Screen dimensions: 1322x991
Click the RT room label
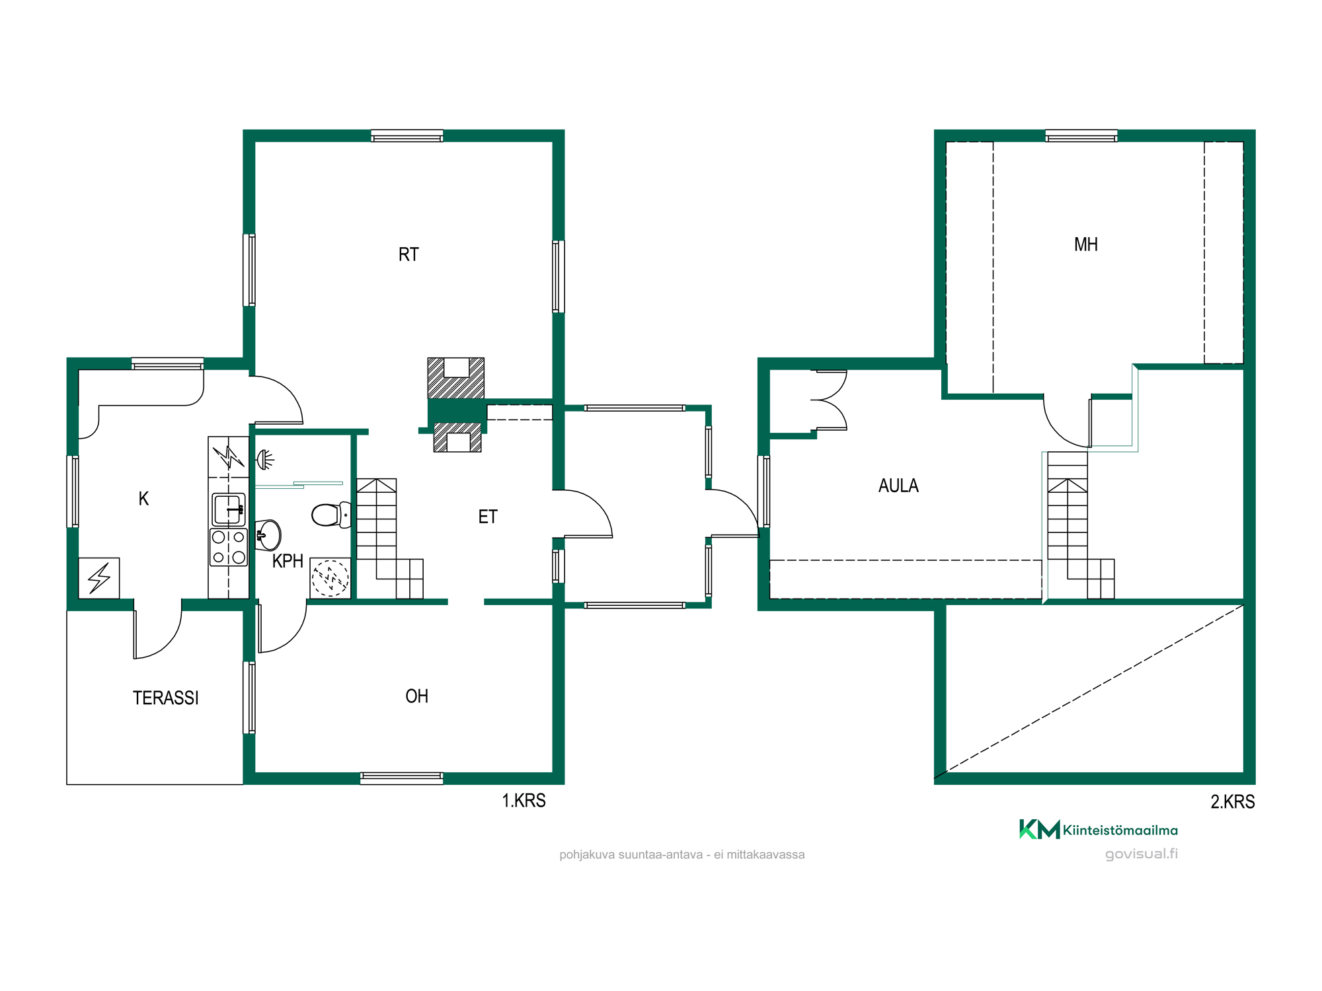[408, 254]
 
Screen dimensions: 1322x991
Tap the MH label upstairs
[1086, 244]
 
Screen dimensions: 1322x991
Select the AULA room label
[898, 486]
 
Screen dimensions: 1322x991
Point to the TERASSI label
[165, 698]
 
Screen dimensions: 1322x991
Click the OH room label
[416, 696]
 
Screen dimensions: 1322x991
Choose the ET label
[488, 517]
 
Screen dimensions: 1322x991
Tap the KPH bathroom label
[288, 561]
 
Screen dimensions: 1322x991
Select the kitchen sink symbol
[228, 509]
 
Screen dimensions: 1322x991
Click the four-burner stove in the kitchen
[229, 547]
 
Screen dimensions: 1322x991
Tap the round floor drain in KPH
[330, 578]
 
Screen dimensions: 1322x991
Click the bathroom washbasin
[268, 534]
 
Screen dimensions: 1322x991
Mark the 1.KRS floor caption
[524, 801]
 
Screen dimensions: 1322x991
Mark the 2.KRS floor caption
[1232, 801]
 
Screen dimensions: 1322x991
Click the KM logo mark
[1039, 829]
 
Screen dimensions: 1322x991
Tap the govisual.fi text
[1142, 854]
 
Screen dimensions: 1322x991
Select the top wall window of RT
[407, 136]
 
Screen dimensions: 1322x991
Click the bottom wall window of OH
[401, 778]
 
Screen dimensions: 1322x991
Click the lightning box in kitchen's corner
[99, 578]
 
